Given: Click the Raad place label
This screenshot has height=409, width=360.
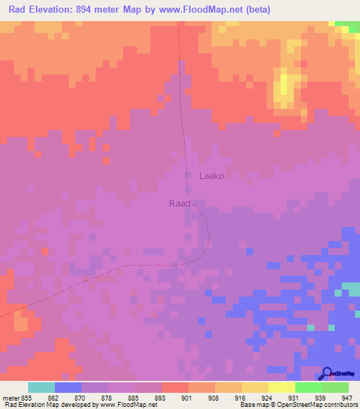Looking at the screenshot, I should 179,203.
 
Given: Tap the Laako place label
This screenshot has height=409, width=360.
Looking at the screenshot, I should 213,176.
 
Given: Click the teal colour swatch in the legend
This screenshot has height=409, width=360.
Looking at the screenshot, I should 41,387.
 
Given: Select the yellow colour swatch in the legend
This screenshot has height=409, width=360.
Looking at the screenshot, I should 282,387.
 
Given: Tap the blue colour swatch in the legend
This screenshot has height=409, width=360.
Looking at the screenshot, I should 68,387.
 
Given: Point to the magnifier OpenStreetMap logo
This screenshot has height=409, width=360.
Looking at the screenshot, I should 326,373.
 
